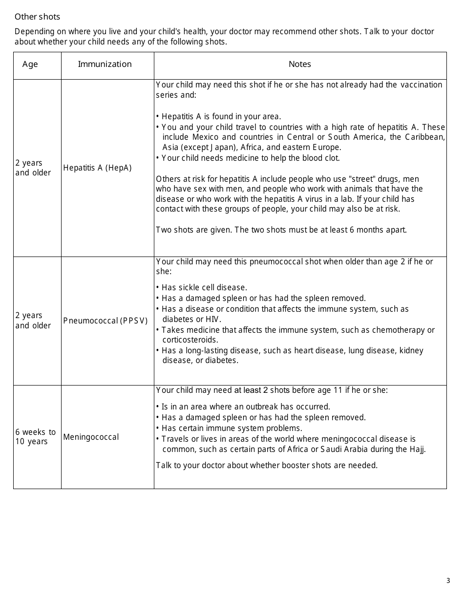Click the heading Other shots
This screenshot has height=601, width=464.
(37, 17)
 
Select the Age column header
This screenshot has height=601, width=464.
(30, 64)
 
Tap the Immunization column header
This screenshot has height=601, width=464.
(105, 64)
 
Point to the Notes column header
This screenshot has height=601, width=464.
(299, 64)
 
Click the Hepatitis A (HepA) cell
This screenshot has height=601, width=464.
(97, 168)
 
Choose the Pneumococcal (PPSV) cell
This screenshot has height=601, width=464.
(105, 321)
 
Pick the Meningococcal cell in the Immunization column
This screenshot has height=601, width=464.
(91, 437)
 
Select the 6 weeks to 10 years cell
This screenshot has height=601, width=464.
(35, 437)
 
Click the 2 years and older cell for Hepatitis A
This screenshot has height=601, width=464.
(33, 168)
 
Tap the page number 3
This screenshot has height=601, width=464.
(448, 580)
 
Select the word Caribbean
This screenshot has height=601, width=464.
(424, 137)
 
